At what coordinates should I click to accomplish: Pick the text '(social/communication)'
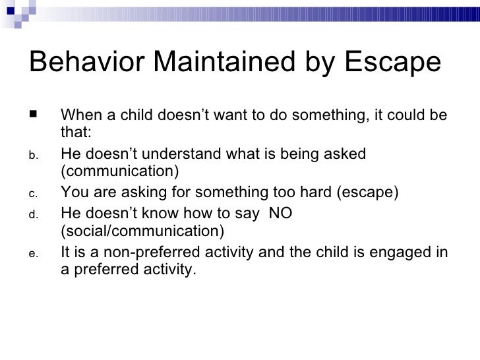pyautogui.click(x=142, y=231)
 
